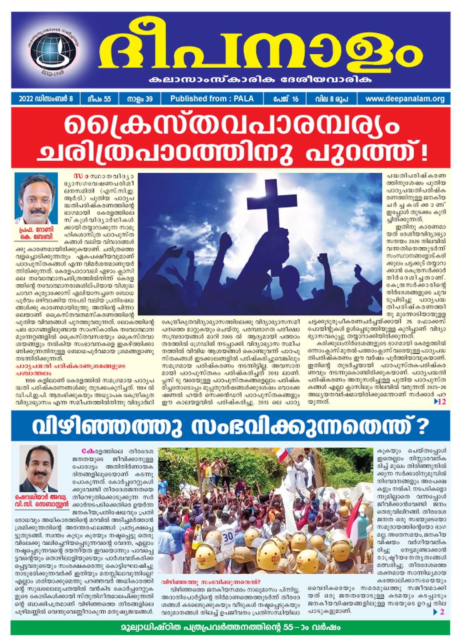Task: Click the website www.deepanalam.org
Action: (405, 99)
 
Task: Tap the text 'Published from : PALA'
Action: (212, 99)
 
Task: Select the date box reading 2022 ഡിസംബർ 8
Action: (45, 99)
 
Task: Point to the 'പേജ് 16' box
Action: (285, 99)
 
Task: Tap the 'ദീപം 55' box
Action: (99, 99)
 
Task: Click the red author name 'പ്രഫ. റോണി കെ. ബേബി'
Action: (36, 233)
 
